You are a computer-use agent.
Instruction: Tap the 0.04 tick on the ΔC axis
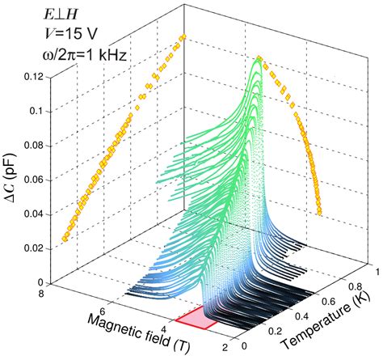[x=32, y=214]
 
